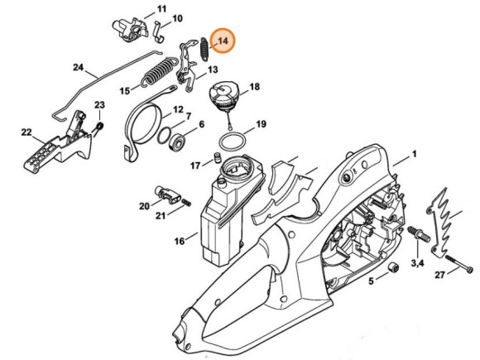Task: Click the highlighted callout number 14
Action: (x=223, y=41)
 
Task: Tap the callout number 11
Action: (x=161, y=9)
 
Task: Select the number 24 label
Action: (x=79, y=67)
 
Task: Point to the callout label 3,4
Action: (x=418, y=262)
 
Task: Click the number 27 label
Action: (x=440, y=275)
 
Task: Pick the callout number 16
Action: (x=180, y=241)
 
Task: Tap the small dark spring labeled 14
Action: (x=204, y=49)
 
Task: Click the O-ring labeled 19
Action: (x=233, y=142)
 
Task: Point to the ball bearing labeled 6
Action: (x=177, y=142)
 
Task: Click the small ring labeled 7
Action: (x=164, y=136)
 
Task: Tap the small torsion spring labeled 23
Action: (x=99, y=127)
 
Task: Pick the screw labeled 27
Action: (x=458, y=263)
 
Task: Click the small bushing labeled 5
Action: (x=393, y=267)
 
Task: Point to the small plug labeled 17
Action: (x=217, y=157)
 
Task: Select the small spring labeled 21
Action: (x=186, y=202)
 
